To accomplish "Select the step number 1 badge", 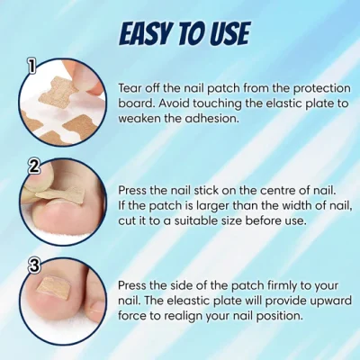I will coord(31,66).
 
